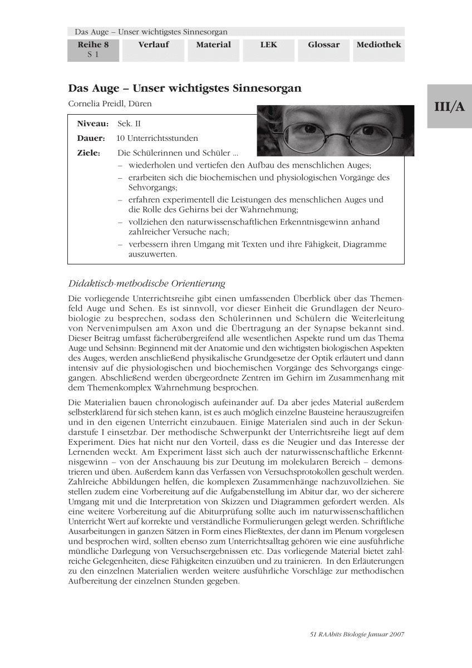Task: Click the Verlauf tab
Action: (153, 45)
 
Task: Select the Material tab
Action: (213, 45)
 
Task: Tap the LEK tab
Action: (268, 45)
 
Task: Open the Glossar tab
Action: (323, 45)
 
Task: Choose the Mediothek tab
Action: (378, 45)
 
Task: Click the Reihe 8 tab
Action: (93, 50)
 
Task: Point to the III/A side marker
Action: (449, 107)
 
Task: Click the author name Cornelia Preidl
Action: (110, 104)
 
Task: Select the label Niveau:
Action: (92, 124)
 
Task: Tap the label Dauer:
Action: (91, 138)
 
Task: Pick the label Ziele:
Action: (88, 153)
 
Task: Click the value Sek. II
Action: (129, 124)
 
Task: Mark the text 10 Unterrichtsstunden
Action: (157, 138)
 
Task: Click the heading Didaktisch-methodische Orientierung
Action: (146, 284)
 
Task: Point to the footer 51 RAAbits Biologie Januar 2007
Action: (356, 634)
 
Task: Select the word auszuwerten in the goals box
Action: (153, 254)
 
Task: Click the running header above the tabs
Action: (151, 32)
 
